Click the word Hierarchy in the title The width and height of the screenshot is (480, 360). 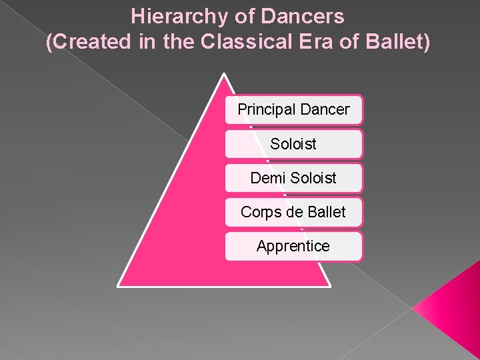coord(169,15)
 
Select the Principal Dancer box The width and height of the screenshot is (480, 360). coord(293,109)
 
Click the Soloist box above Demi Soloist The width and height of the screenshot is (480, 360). coord(293,144)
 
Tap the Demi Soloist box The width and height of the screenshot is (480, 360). coord(293,178)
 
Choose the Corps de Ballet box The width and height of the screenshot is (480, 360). coord(293,212)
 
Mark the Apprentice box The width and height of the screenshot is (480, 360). coord(293,246)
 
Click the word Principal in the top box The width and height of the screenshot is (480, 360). coord(265,109)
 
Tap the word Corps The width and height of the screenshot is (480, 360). coord(259,212)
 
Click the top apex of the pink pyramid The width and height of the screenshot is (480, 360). coord(225,75)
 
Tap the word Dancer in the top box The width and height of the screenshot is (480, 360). coord(323,109)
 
